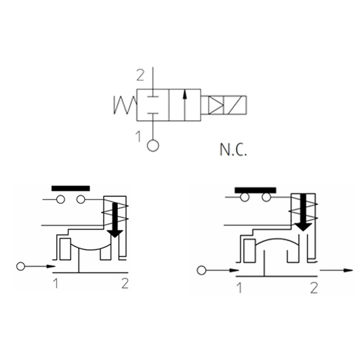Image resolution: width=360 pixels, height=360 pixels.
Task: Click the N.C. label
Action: tap(233, 150)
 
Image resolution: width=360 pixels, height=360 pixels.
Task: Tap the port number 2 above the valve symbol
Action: tap(140, 75)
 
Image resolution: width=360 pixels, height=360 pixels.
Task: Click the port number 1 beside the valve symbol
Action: tap(138, 136)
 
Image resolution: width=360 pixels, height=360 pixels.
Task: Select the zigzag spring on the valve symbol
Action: tap(125, 105)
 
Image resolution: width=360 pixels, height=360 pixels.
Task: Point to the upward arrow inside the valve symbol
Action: tap(184, 105)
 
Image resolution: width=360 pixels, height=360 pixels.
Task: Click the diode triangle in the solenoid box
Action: tap(215, 105)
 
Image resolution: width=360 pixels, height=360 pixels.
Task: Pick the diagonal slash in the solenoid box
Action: tap(235, 105)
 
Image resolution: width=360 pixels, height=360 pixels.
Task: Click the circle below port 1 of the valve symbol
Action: tap(153, 145)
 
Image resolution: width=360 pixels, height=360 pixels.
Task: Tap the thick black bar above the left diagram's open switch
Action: tap(71, 188)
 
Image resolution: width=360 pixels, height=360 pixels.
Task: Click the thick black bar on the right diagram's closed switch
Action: tap(255, 190)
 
